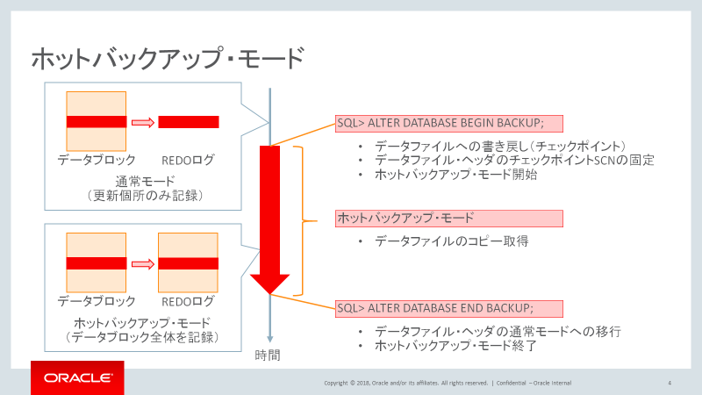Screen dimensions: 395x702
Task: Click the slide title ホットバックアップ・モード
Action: click(167, 60)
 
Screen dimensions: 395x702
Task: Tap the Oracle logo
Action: click(77, 378)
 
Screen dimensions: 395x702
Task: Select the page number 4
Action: click(670, 383)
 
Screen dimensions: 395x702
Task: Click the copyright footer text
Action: click(448, 384)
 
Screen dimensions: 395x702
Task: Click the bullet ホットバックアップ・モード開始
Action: click(455, 176)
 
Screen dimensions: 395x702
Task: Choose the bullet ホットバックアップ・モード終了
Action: click(455, 346)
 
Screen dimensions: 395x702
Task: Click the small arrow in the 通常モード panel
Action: click(142, 122)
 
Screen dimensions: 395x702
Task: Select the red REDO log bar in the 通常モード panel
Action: click(189, 122)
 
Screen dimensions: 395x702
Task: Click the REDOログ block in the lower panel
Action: click(189, 262)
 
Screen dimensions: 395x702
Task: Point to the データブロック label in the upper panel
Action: click(97, 161)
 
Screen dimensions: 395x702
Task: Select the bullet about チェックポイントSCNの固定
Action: click(514, 161)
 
